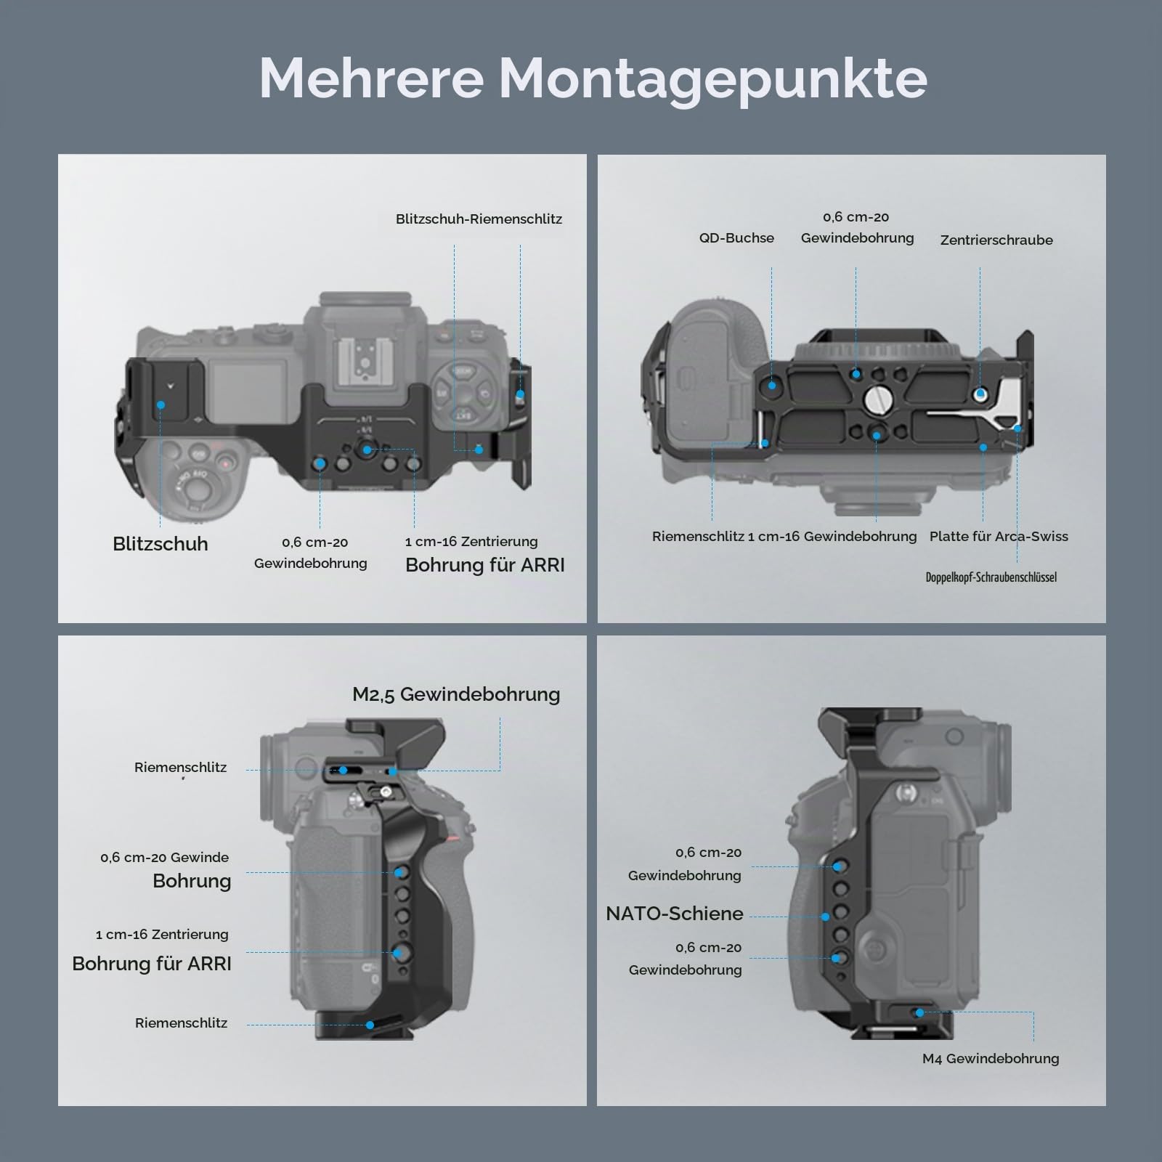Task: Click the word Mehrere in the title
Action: pos(371,77)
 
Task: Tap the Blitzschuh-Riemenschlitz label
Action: pos(479,219)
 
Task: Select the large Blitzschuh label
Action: pos(160,544)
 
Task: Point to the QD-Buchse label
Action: pos(736,237)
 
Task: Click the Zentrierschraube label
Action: pos(996,240)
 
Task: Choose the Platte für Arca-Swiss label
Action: pos(999,536)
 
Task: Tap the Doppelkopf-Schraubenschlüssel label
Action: pos(991,577)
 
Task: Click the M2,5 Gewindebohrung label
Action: pos(456,694)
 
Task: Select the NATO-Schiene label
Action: pos(674,914)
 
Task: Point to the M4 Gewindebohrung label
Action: pos(991,1058)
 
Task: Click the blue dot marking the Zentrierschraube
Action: pos(980,394)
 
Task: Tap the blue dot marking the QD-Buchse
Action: pos(772,385)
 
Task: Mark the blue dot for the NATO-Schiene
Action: pos(825,917)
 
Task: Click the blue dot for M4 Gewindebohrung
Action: pos(920,1012)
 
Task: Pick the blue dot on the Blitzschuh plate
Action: pos(161,405)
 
